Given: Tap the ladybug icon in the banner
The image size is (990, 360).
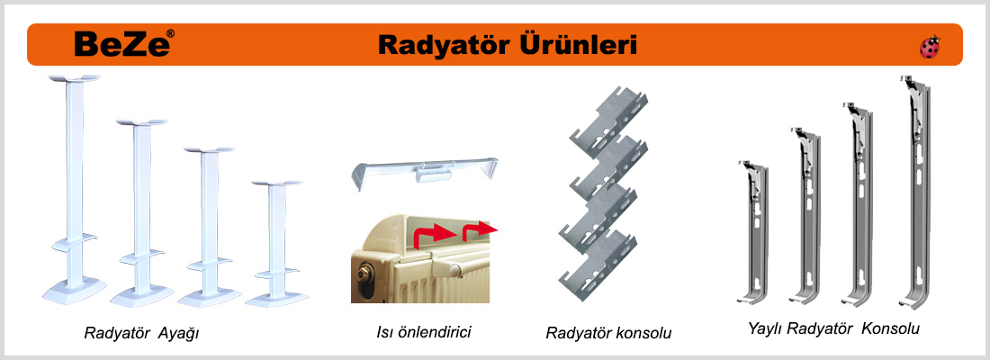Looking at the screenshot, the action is (x=930, y=48).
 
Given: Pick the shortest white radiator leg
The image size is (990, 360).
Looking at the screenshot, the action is (x=276, y=243).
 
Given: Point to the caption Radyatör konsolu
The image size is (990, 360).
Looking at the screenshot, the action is (x=608, y=333).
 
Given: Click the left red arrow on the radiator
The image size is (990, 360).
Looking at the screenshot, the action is (x=435, y=238).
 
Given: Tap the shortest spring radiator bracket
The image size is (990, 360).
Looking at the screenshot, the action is (x=753, y=233).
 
